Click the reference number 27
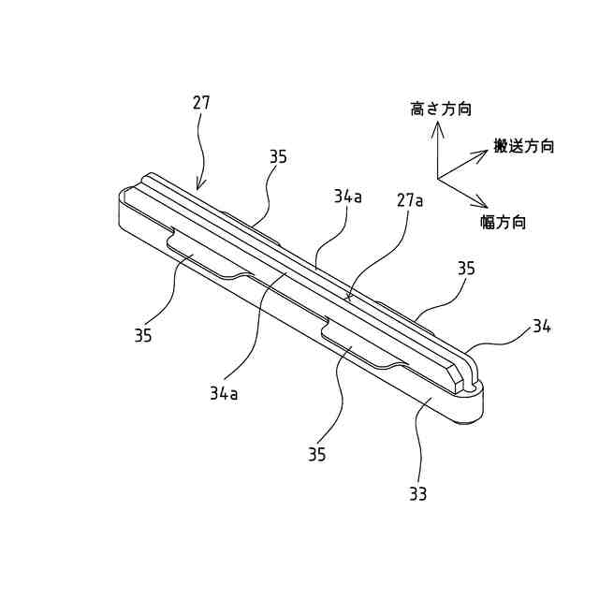[201, 102]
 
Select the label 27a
[410, 200]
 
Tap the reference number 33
[417, 493]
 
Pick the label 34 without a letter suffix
[541, 326]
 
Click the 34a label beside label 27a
[347, 197]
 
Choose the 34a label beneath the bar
[224, 393]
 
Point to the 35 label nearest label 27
[278, 157]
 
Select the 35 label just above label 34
[466, 269]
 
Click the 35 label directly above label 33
[316, 454]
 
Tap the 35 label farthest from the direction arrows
[142, 335]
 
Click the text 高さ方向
[441, 110]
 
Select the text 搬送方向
[524, 146]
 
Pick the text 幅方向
[503, 222]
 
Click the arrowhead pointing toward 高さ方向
[436, 126]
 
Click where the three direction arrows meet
[437, 178]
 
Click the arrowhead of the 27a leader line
[349, 298]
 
